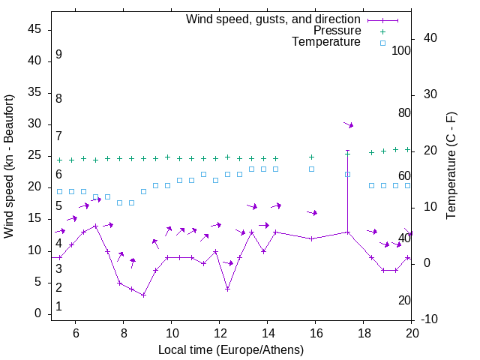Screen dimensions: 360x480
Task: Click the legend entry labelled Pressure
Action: pos(338,31)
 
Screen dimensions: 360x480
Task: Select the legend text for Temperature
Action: pos(326,43)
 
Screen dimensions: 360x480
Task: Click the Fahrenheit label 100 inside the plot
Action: pos(401,51)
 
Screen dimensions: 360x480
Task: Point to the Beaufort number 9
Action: pos(58,55)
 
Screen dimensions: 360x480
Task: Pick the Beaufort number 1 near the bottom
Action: pos(58,307)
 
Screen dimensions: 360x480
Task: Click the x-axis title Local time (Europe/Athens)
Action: pos(231,349)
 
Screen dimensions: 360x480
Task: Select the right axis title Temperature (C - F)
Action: pos(451,166)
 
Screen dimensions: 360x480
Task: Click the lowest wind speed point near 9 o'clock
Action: pos(143,295)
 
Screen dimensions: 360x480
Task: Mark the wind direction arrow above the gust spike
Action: pos(348,124)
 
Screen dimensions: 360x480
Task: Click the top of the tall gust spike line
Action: pos(347,151)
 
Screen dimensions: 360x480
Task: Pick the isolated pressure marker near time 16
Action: pos(311,157)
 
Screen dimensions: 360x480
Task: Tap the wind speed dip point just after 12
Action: pos(227,289)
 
